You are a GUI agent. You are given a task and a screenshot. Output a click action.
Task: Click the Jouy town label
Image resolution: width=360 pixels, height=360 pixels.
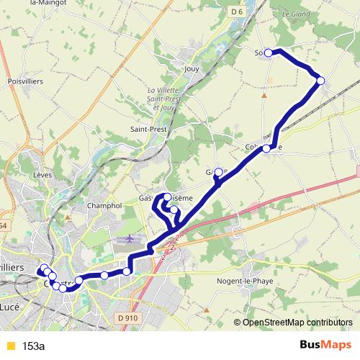[192, 69]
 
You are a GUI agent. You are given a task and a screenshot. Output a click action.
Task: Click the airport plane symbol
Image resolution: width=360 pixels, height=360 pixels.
[130, 238]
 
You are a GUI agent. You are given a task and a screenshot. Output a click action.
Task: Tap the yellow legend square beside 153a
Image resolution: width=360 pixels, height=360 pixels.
[9, 346]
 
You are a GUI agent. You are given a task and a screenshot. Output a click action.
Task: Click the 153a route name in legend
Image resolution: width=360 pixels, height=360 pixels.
[33, 346]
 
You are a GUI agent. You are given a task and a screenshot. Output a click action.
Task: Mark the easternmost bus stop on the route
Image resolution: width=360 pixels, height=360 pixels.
[320, 81]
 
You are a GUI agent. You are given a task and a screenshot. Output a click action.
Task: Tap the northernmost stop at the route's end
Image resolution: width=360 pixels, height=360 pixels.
[269, 53]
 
